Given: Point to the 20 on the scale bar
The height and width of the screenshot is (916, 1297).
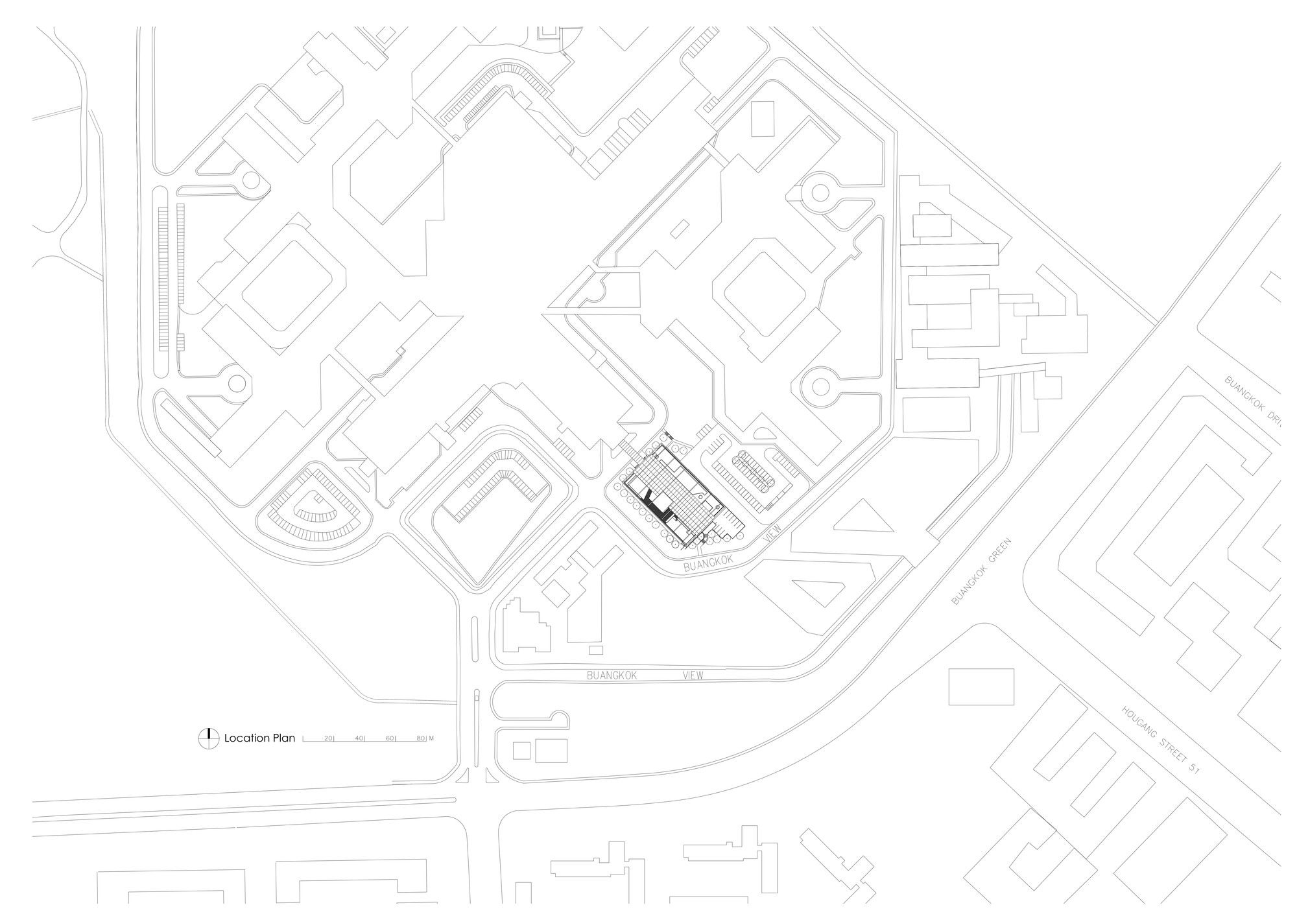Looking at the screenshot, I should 329,738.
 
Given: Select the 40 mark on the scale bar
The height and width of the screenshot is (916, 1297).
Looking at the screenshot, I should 359,738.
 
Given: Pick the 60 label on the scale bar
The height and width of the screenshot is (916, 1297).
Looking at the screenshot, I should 390,738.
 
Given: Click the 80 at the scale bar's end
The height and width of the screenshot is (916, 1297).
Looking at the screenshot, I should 420,738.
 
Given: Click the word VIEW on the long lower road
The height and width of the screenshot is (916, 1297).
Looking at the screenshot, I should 693,675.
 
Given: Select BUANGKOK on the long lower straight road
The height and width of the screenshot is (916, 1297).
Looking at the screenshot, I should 612,675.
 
